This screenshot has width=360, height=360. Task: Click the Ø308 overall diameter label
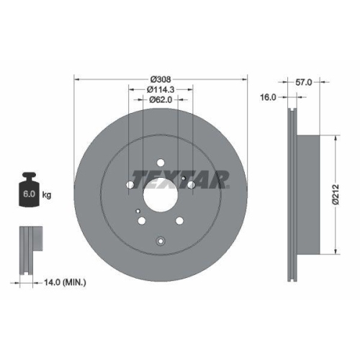point(161,79)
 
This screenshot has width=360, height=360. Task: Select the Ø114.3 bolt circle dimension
point(161,90)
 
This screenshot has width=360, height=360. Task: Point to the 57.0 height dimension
point(304,83)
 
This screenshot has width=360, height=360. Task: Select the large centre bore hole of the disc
point(160,194)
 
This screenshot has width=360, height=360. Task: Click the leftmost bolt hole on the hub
point(130,185)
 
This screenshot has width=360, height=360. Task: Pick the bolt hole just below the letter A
point(191,185)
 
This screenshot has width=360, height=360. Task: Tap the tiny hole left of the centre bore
point(136,208)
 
